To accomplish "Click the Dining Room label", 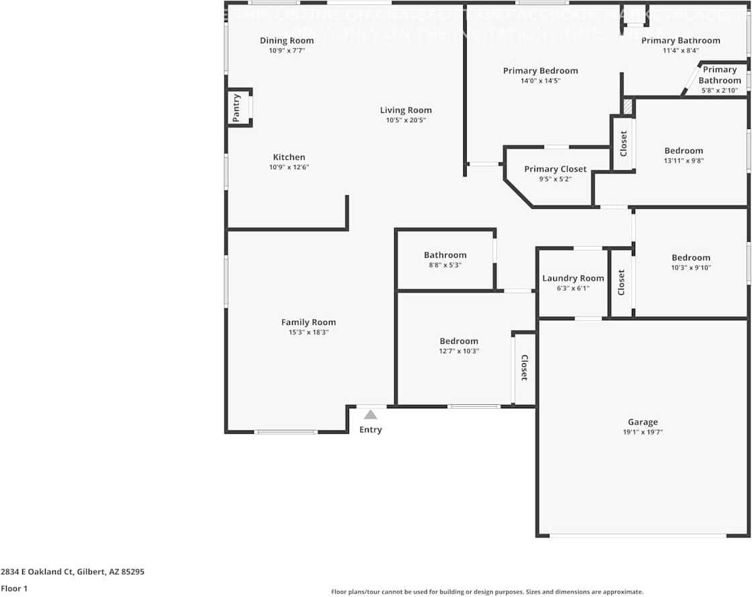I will point(287,41).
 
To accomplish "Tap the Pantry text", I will point(236,107).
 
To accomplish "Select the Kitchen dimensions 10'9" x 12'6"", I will point(289,167).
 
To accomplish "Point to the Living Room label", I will point(406,110).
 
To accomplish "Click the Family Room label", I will point(308,322).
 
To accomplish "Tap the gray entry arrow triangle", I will point(371,415).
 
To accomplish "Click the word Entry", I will point(371,430).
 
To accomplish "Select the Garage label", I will point(643,422).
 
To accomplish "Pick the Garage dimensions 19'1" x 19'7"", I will point(643,432).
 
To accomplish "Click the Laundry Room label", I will point(573,278).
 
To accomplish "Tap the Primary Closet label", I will point(555,169).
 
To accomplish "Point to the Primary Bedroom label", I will point(540,71).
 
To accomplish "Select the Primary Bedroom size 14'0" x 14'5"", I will point(540,81).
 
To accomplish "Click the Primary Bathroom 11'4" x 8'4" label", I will point(680,40).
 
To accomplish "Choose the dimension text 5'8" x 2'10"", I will point(719,90).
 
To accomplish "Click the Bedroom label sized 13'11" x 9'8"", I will point(684,151).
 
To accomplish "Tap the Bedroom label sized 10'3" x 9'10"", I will point(691,258).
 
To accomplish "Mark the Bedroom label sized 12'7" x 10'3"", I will point(459,341).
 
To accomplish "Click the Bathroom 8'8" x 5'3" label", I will point(445,255).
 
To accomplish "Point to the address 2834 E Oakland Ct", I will point(73,572).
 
